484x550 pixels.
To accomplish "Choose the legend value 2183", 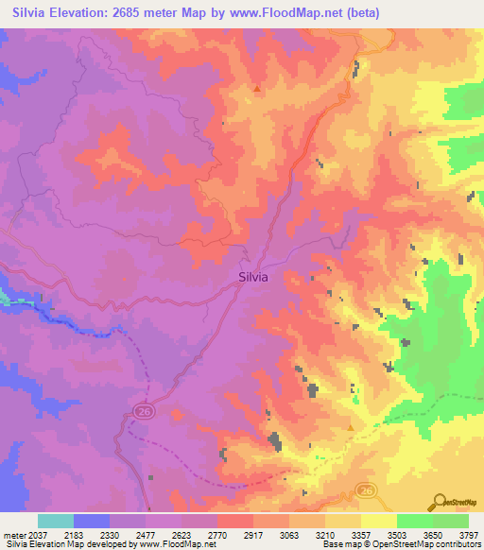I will coord(87,535).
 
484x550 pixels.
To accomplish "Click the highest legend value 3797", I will coord(470,535).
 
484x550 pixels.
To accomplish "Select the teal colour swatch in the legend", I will coord(55,521).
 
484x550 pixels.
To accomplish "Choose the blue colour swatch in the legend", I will coord(91,521).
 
